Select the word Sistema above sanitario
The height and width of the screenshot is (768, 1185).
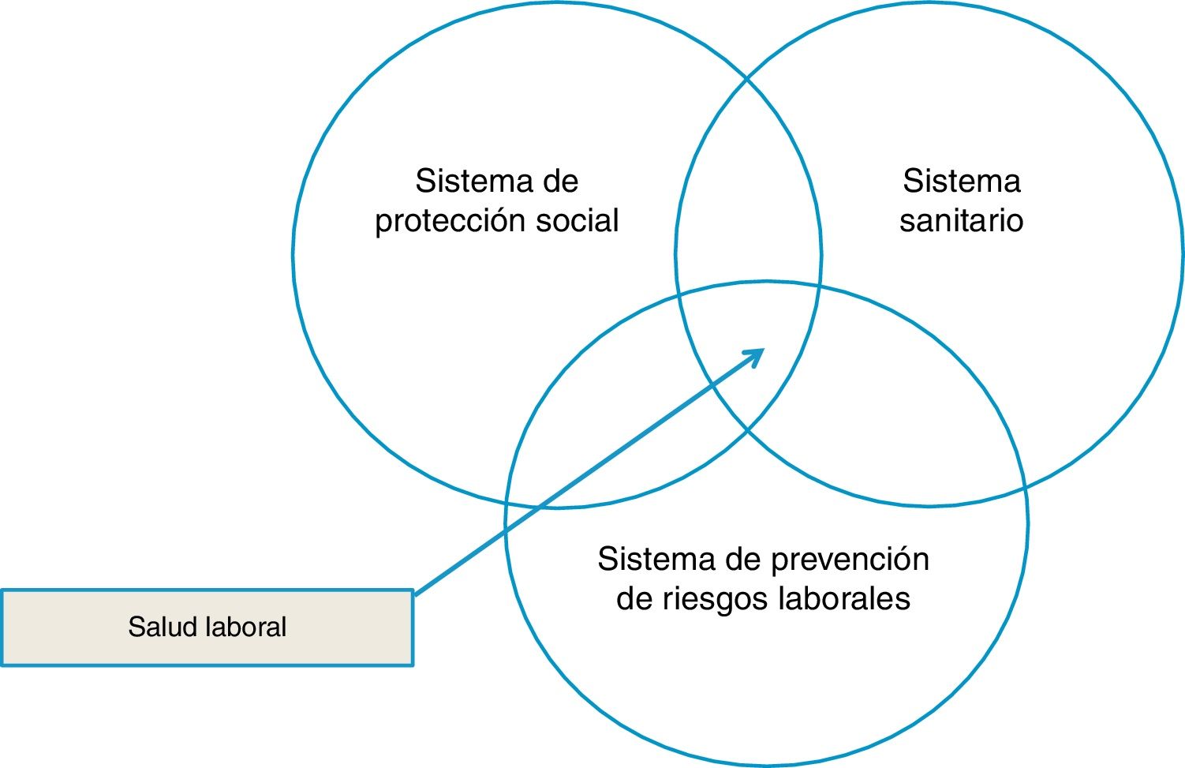click(x=961, y=182)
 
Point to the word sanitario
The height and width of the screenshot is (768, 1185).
click(x=961, y=220)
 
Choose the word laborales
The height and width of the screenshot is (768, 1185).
click(x=844, y=598)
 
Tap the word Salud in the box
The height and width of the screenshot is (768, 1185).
click(x=163, y=627)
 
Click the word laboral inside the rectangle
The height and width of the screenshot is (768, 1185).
click(x=246, y=627)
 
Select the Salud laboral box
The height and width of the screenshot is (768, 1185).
click(x=207, y=628)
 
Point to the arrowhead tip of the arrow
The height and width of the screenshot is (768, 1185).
click(x=764, y=350)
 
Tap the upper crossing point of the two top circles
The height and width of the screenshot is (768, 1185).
click(x=748, y=79)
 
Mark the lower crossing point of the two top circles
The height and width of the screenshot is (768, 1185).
click(x=748, y=429)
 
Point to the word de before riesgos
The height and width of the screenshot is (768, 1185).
click(x=633, y=598)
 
